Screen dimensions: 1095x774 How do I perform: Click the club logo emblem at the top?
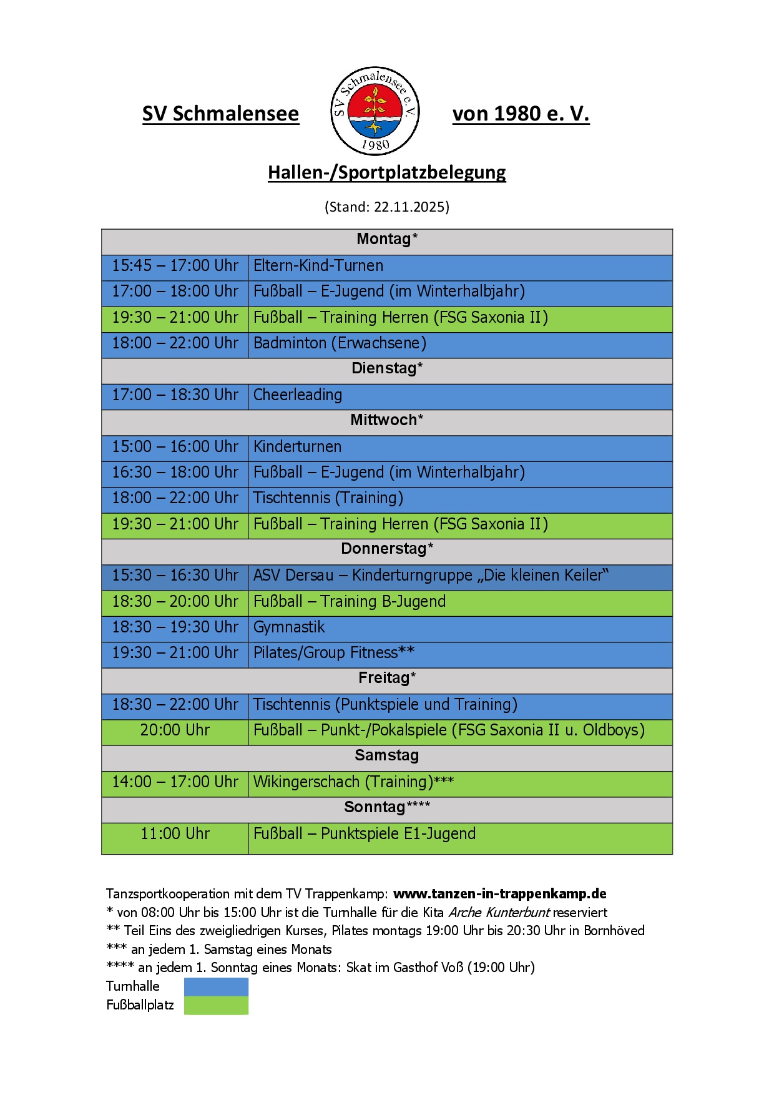click(x=375, y=111)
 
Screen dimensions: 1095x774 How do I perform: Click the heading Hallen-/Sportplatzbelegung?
click(x=386, y=172)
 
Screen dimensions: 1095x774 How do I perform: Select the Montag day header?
click(x=386, y=239)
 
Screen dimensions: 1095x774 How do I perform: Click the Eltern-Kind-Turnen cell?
click(x=318, y=266)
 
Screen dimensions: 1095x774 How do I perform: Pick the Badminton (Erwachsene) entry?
click(x=340, y=343)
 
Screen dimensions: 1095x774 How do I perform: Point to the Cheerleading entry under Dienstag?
click(x=298, y=395)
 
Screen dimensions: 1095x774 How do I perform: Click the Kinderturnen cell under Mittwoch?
click(x=297, y=447)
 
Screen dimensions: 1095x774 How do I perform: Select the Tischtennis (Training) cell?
click(x=328, y=498)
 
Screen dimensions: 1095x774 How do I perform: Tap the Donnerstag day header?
click(x=386, y=549)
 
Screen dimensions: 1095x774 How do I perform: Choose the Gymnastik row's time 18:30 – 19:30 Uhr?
click(x=175, y=627)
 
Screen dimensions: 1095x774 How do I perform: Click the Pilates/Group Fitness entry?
click(x=333, y=653)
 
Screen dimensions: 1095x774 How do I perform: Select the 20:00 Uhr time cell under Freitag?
click(x=175, y=730)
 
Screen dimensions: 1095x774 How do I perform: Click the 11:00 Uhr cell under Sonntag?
click(x=175, y=834)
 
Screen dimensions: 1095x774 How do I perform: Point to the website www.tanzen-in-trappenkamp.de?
click(x=499, y=894)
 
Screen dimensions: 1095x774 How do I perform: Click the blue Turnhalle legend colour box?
click(x=216, y=987)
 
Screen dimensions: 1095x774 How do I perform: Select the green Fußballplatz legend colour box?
click(x=216, y=1006)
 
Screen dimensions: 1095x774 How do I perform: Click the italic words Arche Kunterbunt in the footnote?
click(x=499, y=913)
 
